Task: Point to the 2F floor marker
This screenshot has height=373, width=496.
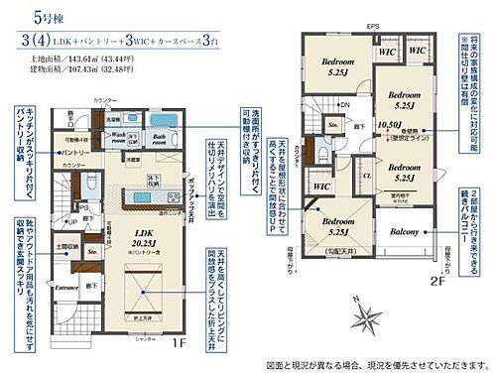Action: [440, 281]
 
